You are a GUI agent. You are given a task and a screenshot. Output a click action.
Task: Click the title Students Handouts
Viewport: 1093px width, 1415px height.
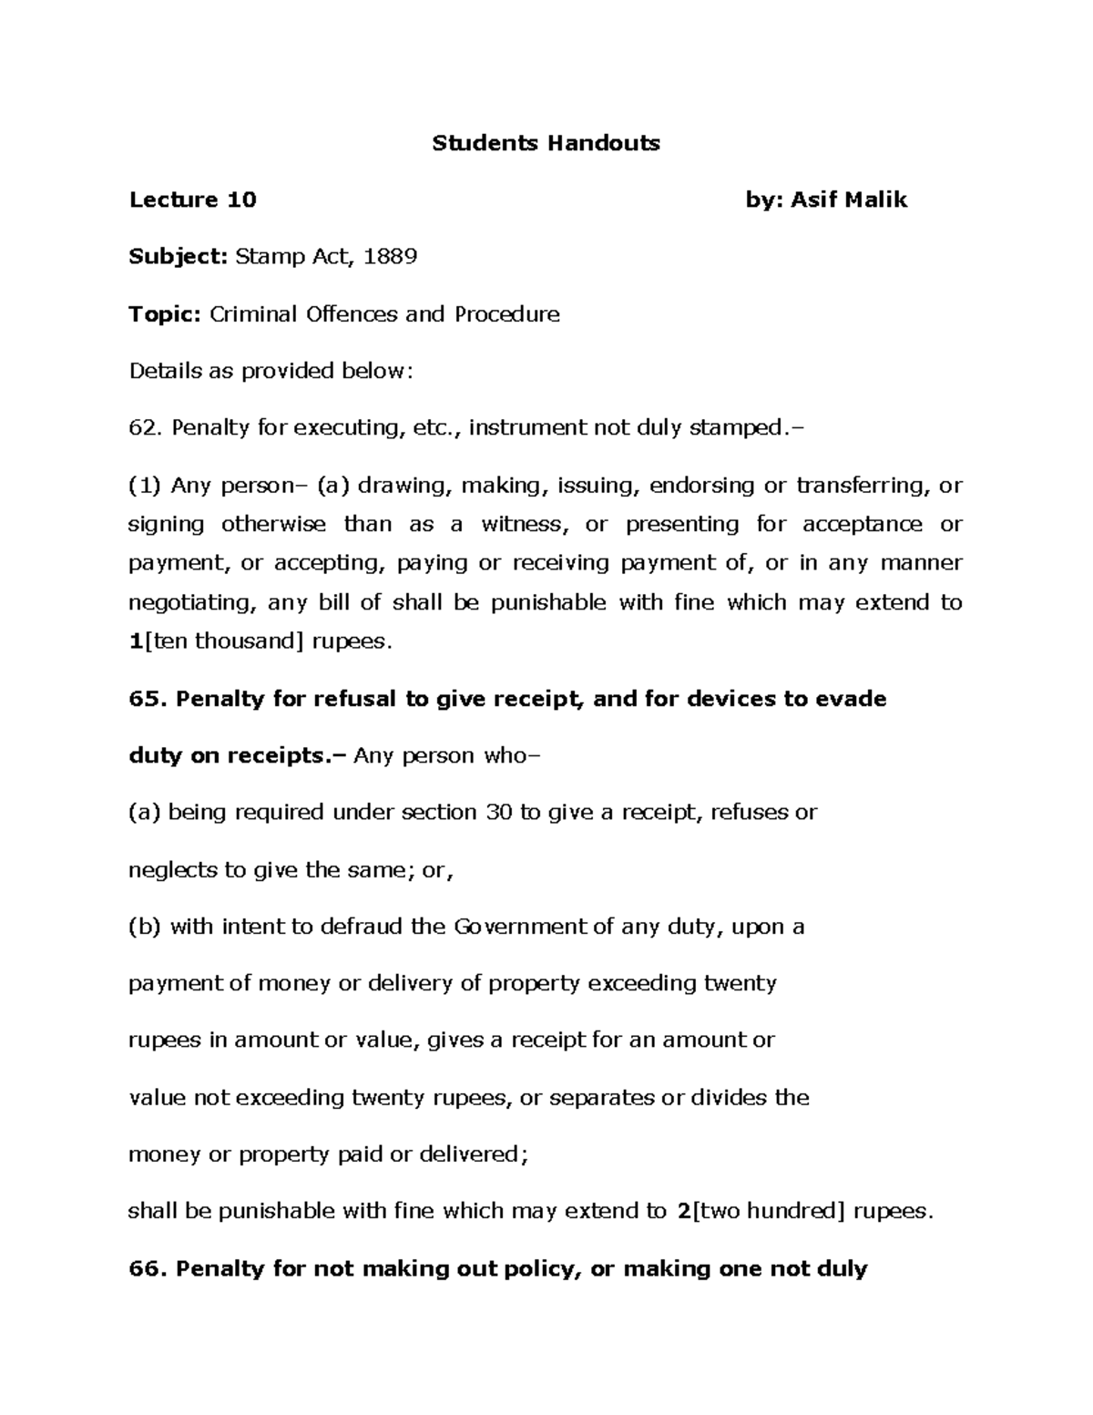tap(546, 143)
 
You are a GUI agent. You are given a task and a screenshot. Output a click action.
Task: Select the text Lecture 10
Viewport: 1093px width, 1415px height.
tap(193, 200)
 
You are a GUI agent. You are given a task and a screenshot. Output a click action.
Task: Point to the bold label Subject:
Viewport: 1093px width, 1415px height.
tap(178, 257)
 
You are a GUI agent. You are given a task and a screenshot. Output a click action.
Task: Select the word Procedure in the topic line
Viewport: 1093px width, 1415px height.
tap(506, 314)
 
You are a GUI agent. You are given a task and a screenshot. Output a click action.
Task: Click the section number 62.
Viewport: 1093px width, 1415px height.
tap(144, 428)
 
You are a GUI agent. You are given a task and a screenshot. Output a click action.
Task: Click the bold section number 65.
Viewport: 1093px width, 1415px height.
tap(148, 699)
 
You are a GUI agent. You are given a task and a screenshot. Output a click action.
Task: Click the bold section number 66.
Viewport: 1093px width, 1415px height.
tap(148, 1268)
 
